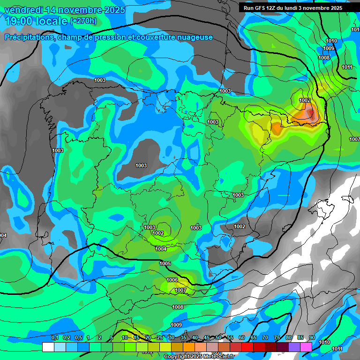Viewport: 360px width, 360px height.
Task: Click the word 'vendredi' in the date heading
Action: pos(23,10)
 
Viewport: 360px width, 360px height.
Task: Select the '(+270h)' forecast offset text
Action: pos(83,21)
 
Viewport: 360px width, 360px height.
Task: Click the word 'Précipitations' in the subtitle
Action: pos(29,37)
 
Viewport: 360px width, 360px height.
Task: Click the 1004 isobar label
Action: pos(161,249)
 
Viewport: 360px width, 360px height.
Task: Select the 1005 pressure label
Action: pos(165,264)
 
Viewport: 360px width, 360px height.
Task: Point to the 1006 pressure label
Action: pos(172,280)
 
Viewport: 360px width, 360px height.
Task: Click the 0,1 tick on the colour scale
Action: pos(54,338)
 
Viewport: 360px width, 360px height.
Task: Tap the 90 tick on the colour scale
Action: pos(312,338)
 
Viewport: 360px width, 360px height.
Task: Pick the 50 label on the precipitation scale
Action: pos(218,338)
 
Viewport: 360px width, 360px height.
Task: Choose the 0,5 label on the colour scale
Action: pos(78,338)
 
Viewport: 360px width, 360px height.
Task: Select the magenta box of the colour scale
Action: pos(306,347)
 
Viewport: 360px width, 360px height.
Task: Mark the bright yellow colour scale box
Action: pos(165,347)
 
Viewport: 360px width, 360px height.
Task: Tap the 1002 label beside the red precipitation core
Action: pos(305,100)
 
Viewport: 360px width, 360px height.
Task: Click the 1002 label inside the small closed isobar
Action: pos(158,233)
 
